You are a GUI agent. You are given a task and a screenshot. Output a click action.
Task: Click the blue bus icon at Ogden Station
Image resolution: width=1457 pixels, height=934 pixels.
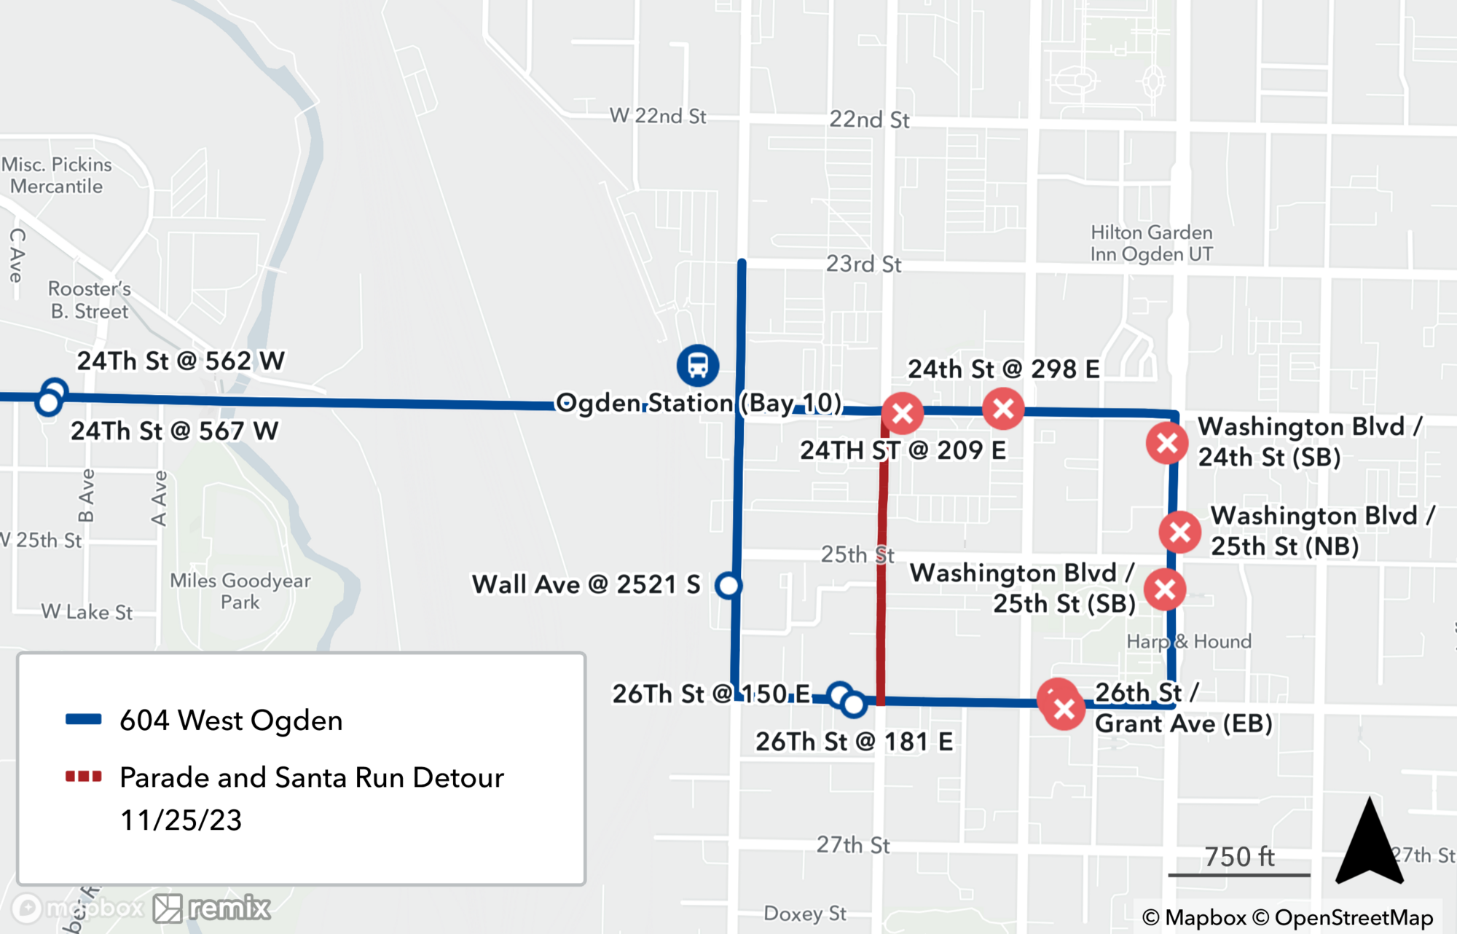697,365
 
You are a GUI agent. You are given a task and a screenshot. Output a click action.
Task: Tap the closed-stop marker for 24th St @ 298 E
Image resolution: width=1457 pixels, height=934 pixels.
1003,409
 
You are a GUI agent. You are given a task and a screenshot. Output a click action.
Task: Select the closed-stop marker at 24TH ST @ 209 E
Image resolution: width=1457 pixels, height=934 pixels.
903,413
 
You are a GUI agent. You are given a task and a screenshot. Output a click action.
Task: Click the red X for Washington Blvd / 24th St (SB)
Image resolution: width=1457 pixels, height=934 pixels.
1167,443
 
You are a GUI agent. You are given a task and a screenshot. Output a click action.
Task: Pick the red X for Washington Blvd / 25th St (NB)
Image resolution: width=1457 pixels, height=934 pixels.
1180,532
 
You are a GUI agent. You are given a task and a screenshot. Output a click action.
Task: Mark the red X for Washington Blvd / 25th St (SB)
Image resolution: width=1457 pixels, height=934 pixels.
1165,589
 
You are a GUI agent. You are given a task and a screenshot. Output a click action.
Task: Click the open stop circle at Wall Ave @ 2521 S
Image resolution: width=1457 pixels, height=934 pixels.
728,585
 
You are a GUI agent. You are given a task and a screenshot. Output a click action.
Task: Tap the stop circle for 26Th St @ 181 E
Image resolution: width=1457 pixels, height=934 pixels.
853,704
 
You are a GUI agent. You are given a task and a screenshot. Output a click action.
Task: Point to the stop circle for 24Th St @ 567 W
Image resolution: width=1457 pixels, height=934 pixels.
48,402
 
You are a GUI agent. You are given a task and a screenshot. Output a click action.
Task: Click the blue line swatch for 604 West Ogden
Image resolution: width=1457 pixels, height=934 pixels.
83,719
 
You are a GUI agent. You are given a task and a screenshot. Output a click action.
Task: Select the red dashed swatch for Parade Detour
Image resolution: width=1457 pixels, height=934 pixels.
83,777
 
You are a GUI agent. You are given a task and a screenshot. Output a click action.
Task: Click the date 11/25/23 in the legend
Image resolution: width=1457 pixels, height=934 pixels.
181,820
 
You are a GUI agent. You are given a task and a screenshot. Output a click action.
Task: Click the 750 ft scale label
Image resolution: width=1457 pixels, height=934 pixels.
1239,857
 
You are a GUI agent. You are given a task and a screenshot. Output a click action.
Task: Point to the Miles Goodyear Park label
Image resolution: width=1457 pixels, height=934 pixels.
240,591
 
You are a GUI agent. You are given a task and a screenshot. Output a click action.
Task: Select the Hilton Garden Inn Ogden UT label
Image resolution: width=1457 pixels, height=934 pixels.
1151,243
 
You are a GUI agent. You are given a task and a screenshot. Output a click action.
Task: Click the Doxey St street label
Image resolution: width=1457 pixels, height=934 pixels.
804,913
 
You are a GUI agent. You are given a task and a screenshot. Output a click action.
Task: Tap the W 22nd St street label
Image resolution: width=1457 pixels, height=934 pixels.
657,116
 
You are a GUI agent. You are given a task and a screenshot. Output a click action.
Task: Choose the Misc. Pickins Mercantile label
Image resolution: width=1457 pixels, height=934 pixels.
57,176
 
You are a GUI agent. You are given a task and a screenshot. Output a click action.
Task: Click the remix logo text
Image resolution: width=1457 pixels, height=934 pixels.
229,908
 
